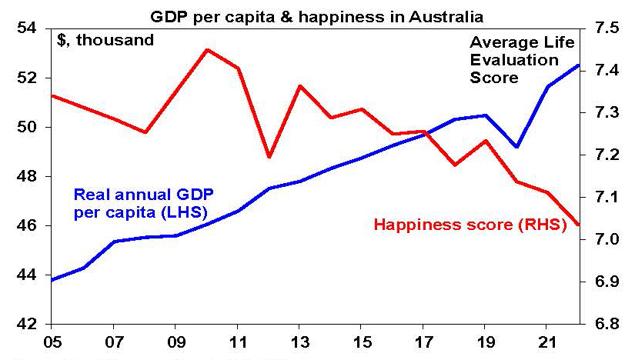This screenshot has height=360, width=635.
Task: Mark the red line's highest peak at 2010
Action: (207, 50)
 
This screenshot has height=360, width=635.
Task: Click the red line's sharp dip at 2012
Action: (269, 157)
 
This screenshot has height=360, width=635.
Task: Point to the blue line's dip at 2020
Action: (517, 147)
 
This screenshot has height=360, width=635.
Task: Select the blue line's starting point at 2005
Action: (52, 279)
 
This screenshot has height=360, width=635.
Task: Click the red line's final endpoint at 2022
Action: (579, 225)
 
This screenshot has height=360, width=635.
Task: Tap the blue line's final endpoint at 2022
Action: (579, 65)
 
